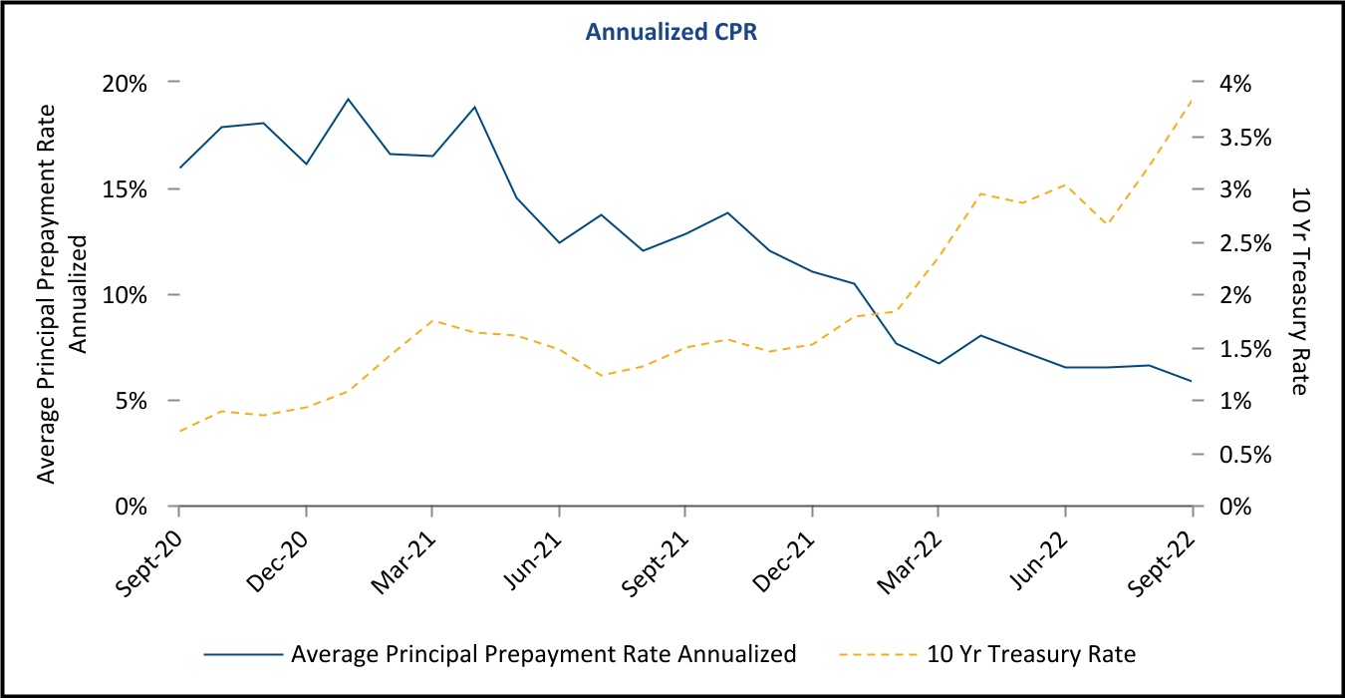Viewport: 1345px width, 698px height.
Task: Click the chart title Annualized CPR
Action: coord(673,32)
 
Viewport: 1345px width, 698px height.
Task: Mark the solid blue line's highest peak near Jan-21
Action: coord(348,99)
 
